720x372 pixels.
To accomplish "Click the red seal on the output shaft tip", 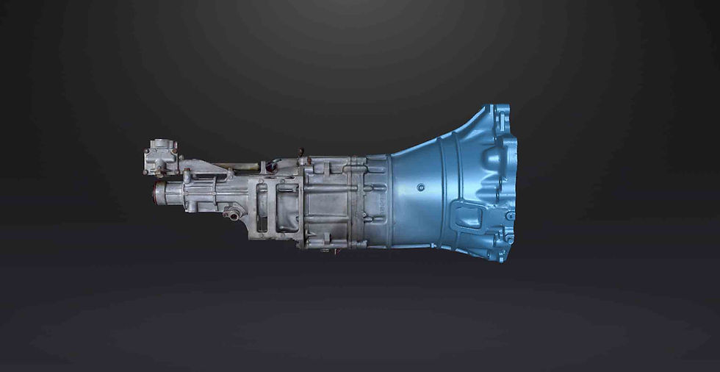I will (x=154, y=193).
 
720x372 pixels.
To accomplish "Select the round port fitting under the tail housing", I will (x=234, y=215).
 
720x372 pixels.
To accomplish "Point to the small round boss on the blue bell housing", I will (x=420, y=187).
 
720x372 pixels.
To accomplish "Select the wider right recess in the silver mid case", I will (x=287, y=208).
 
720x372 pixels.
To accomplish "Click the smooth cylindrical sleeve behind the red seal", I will (x=170, y=195).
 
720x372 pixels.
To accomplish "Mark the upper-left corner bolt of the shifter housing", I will (x=148, y=151).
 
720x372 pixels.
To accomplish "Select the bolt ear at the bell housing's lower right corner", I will (x=508, y=239).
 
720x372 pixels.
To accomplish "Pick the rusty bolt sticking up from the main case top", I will (x=300, y=154).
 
